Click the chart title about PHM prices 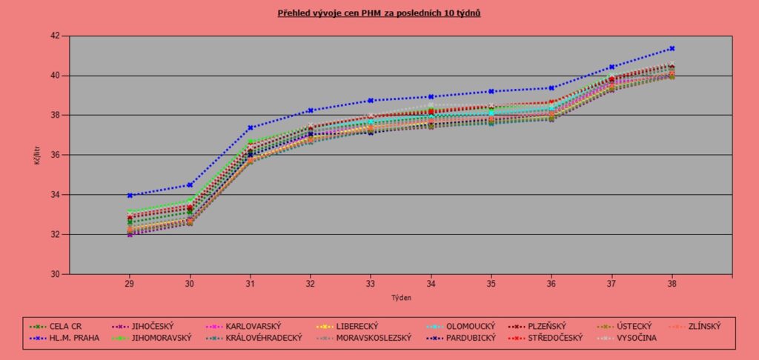[379, 13]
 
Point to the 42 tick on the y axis [55, 36]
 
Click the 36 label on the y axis [55, 155]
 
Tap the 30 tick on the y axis [55, 274]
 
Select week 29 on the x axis [129, 284]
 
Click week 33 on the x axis [371, 284]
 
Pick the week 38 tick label [672, 284]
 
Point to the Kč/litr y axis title [36, 155]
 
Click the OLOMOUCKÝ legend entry [470, 326]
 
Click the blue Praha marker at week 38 [672, 48]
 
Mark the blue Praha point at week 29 [130, 196]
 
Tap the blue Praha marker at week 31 [251, 127]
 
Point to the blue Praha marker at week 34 [431, 97]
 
